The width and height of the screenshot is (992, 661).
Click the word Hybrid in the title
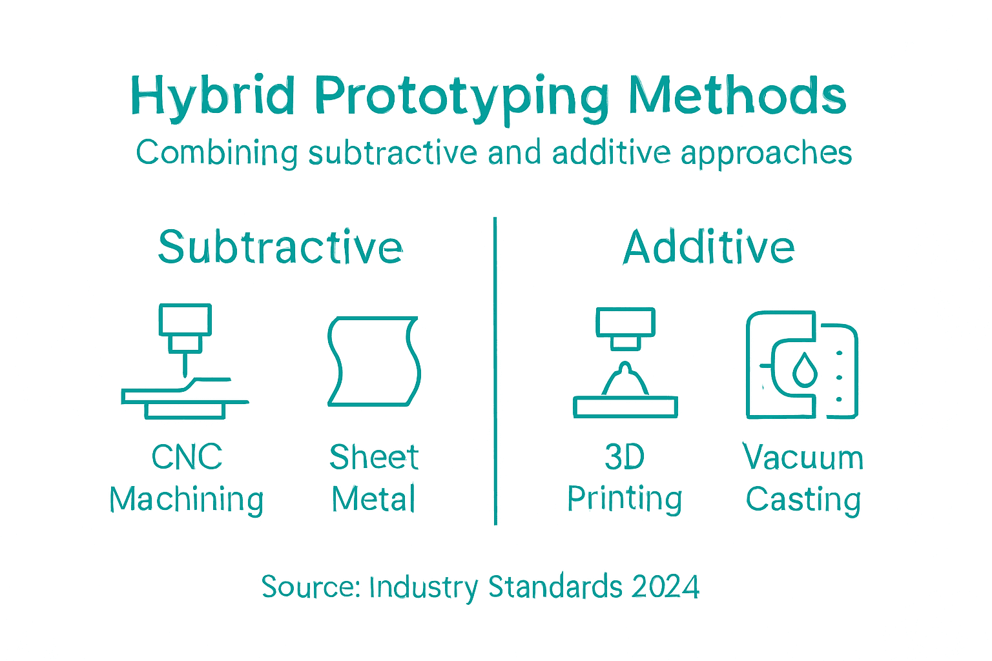213,97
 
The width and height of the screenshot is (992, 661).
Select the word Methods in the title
737,96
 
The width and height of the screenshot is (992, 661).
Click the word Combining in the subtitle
216,154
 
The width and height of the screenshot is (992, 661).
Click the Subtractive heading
280,247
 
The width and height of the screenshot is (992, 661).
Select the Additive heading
708,247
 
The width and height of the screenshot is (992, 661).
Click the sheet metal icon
374,361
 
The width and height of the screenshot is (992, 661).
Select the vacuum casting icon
801,365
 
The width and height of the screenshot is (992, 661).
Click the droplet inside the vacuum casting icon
805,369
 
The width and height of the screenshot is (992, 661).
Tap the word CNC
187,457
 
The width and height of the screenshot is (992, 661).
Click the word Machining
187,500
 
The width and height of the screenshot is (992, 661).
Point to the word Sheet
374,457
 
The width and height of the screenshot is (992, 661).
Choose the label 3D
625,457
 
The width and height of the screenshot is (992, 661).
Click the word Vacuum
803,457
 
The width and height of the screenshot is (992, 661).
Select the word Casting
803,500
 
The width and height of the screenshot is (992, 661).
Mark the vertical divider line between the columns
495,371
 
